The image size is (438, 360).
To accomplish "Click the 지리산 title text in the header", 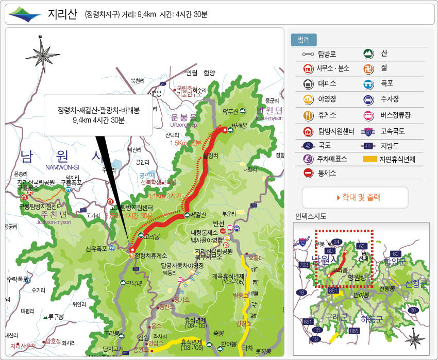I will pyautogui.click(x=62, y=13).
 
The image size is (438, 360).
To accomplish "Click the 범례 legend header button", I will pyautogui.click(x=304, y=40).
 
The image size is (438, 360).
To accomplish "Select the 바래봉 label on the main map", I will pyautogui.click(x=241, y=125).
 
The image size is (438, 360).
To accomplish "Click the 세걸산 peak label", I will pyautogui.click(x=198, y=214).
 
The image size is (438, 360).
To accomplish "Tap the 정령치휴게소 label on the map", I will pyautogui.click(x=151, y=255).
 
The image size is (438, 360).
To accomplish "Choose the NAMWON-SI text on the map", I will pyautogui.click(x=62, y=167).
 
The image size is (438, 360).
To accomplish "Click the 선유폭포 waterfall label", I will pyautogui.click(x=96, y=249).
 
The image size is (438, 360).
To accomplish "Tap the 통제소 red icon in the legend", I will pyautogui.click(x=308, y=174).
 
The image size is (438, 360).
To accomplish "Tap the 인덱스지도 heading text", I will pyautogui.click(x=311, y=216).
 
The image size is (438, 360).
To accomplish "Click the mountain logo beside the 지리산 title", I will pyautogui.click(x=24, y=14).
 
